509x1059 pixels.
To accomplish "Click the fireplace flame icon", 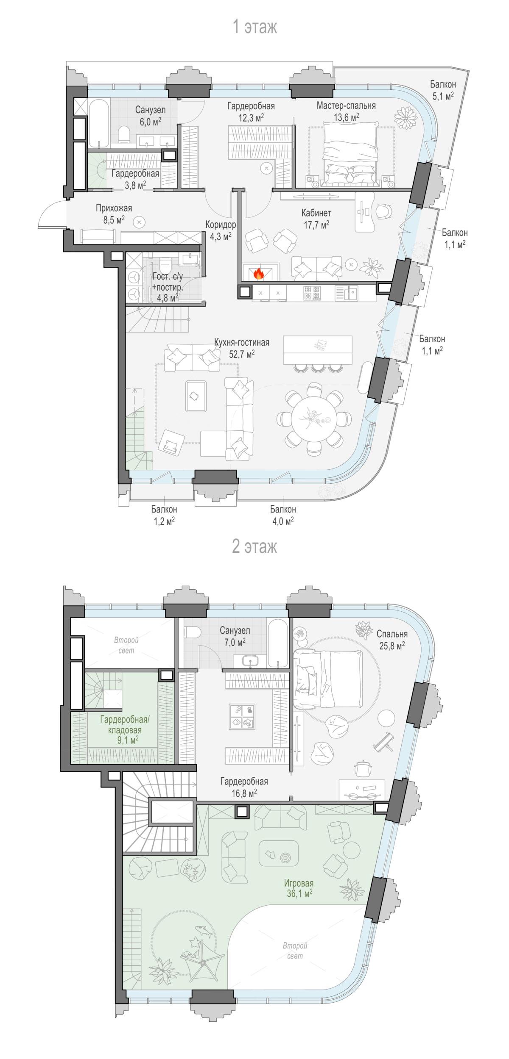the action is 258,274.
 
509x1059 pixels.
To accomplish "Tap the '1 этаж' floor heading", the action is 255,28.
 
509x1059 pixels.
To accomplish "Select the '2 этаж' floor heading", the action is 255,546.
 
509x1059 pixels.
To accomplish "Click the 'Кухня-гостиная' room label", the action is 242,342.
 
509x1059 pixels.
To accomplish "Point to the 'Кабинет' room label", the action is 316,213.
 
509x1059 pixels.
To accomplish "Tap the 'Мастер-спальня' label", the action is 346,105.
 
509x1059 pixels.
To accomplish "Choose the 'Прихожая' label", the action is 114,208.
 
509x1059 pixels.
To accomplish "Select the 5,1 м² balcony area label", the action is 443,96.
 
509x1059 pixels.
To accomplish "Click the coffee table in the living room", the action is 196,396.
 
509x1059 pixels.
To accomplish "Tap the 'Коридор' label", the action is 221,225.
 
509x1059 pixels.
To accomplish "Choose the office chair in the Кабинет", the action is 384,210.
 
